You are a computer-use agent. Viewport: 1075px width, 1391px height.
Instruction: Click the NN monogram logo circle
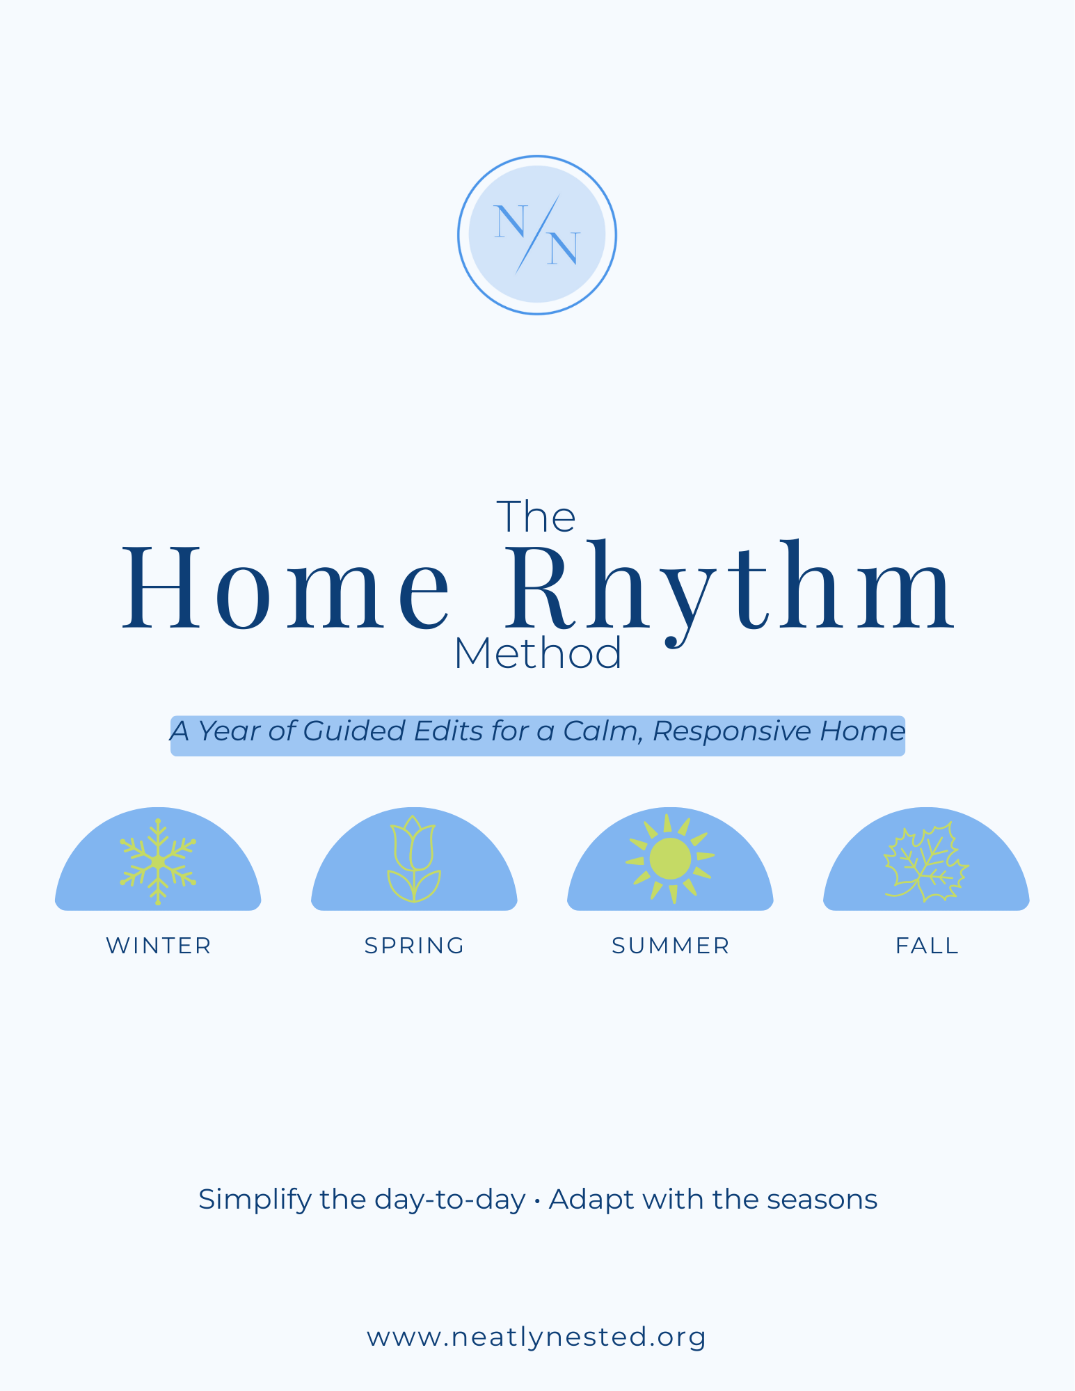[536, 235]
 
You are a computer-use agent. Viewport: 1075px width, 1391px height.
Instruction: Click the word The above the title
[536, 517]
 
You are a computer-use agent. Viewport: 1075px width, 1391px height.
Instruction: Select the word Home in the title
[286, 588]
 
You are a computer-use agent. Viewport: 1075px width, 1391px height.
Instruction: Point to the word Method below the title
[537, 655]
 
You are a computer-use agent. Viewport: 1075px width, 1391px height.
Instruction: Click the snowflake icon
[158, 861]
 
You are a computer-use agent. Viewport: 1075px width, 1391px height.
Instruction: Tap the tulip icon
[414, 859]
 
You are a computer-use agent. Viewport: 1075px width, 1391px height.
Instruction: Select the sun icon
[670, 859]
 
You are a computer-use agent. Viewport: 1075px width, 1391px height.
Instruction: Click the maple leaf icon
[926, 863]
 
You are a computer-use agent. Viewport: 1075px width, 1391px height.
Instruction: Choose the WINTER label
[159, 946]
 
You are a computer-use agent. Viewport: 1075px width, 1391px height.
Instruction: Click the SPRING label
[415, 946]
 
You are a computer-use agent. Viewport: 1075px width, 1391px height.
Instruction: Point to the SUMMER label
[671, 946]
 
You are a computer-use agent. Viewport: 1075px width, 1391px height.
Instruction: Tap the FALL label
[927, 946]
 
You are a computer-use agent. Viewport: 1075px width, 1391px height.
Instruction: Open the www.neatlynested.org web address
[536, 1337]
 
